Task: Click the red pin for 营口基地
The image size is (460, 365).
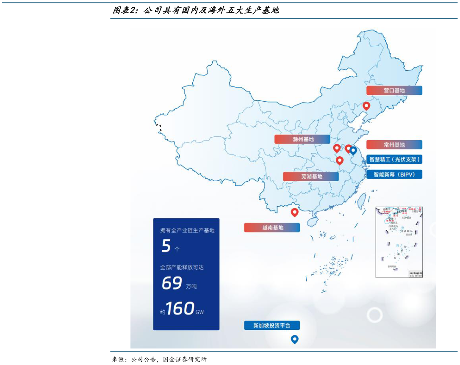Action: coord(366,106)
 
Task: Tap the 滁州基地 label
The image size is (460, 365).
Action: coord(302,139)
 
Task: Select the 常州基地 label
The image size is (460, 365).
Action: coord(394,145)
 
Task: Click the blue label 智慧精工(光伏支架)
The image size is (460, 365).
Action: coord(394,160)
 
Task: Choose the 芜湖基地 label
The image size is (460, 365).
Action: coord(311,177)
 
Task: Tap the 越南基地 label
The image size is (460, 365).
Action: coord(272,228)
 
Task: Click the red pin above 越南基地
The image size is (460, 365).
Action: coord(294,213)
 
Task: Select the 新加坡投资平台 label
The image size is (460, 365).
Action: coord(272,326)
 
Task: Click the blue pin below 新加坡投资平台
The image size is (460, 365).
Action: coord(294,339)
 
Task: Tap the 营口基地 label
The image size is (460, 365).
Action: coord(394,91)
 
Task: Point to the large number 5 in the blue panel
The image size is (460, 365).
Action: coord(166,246)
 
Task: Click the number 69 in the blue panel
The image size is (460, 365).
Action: coord(172,283)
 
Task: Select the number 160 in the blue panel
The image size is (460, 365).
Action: coord(180,309)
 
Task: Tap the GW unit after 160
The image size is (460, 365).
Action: coord(200,312)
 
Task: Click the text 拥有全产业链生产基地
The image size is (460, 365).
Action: coord(187,230)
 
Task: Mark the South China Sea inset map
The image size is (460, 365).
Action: coord(399,242)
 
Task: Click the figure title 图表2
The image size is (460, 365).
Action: coord(125,10)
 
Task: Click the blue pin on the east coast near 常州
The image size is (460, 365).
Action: coord(353,151)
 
